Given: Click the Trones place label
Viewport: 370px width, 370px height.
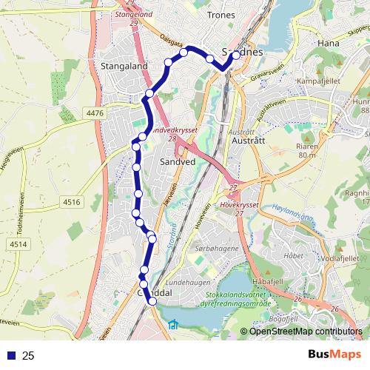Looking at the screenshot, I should [x=221, y=15].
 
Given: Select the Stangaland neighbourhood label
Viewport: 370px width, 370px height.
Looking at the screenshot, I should [x=123, y=66].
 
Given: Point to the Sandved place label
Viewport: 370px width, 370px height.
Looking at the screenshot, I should [x=178, y=159].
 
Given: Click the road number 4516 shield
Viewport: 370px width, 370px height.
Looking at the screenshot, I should [x=71, y=201].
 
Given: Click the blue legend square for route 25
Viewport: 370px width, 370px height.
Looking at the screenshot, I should [x=11, y=356].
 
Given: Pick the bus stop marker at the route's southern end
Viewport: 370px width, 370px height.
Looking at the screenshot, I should [x=152, y=301].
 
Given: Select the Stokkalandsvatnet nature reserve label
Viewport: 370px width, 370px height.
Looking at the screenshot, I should [x=238, y=298].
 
